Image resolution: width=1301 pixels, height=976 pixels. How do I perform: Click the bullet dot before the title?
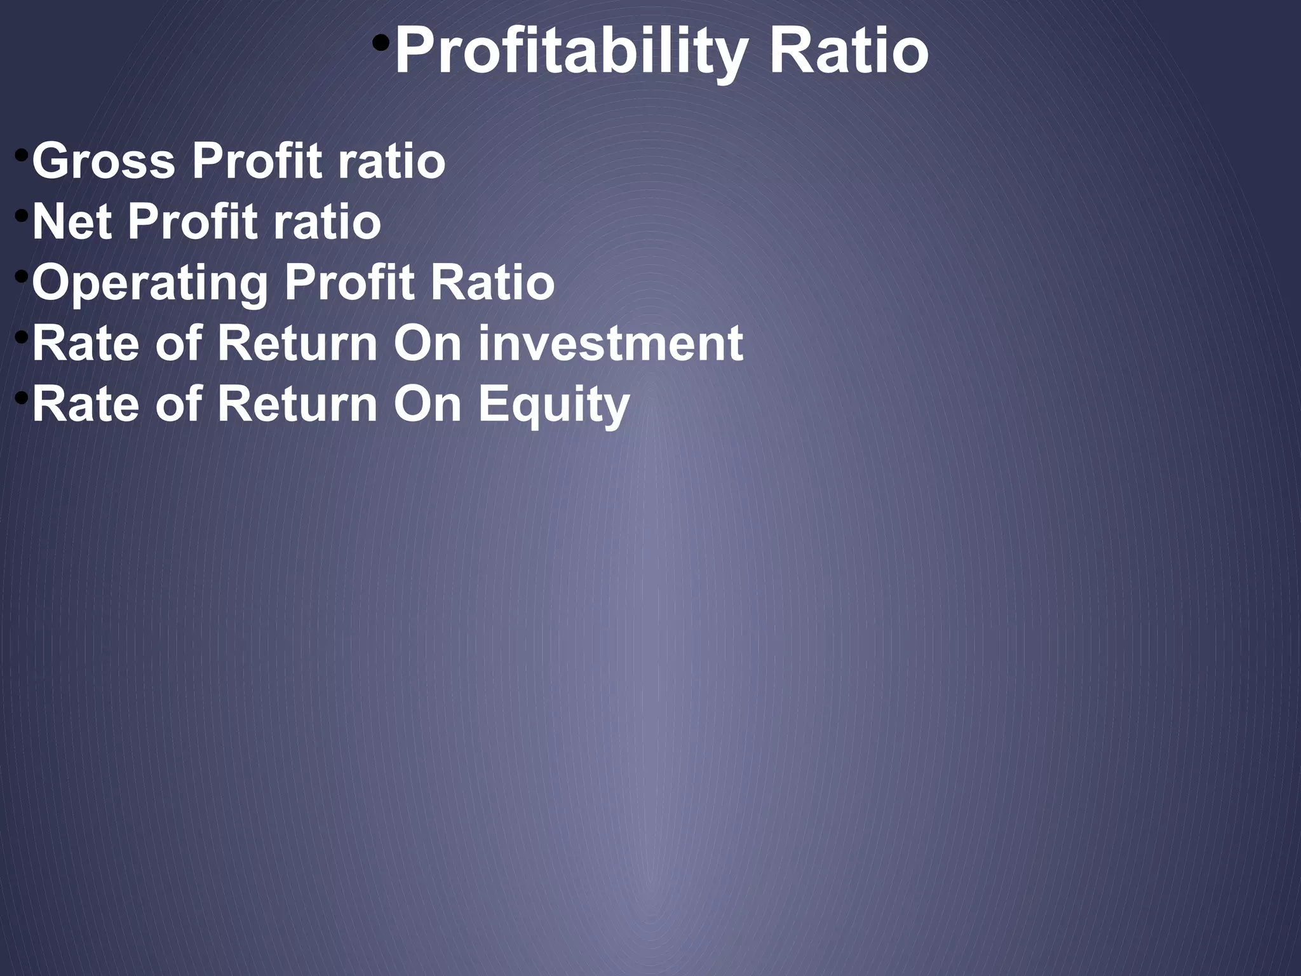coord(381,43)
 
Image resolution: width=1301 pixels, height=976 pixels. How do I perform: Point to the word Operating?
coord(150,283)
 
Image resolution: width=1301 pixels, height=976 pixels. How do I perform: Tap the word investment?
coord(610,343)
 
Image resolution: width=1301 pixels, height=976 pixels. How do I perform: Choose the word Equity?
coord(553,405)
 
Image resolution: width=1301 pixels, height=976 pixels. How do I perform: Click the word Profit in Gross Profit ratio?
coord(257,161)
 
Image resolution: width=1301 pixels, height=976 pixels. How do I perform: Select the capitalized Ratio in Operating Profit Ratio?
coord(492,283)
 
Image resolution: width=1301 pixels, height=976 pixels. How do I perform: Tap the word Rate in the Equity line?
coord(85,404)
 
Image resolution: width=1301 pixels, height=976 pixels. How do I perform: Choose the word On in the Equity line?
coord(427,404)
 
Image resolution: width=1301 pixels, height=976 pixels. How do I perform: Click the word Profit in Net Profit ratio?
coord(192,222)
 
